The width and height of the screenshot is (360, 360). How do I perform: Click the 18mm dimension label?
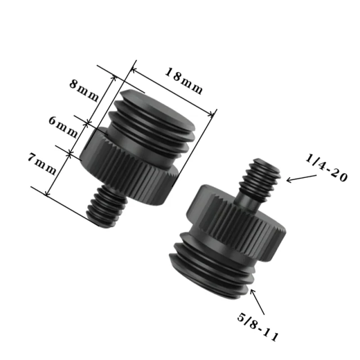[x=184, y=81]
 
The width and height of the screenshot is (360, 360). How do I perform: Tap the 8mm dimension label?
[x=84, y=91]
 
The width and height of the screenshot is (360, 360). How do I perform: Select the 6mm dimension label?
[x=63, y=127]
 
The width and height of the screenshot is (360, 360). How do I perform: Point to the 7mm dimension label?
[x=42, y=164]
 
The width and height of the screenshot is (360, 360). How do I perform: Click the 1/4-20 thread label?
[x=326, y=168]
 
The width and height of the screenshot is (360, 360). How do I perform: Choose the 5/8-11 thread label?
[x=258, y=327]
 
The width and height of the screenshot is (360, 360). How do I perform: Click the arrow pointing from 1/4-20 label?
[x=301, y=178]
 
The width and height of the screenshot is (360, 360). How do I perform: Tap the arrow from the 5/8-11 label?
[x=257, y=301]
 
